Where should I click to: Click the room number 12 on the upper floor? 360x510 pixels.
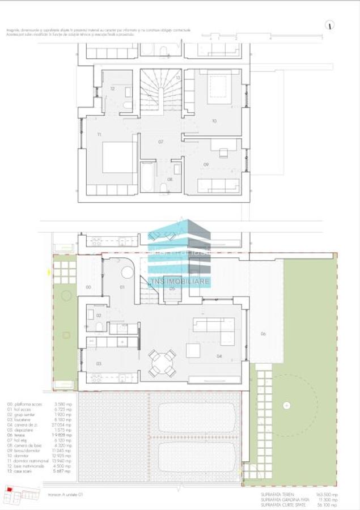pyautogui.click(x=112, y=88)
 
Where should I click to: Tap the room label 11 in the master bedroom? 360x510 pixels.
pyautogui.click(x=99, y=134)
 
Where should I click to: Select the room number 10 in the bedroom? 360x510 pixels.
pyautogui.click(x=214, y=121)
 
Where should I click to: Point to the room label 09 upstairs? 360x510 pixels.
pyautogui.click(x=206, y=165)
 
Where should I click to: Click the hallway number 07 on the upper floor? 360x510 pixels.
pyautogui.click(x=161, y=141)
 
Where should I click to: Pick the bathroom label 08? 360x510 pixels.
pyautogui.click(x=170, y=179)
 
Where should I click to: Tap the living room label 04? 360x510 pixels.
pyautogui.click(x=219, y=356)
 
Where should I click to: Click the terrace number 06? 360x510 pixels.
pyautogui.click(x=263, y=334)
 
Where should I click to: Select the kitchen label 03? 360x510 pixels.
pyautogui.click(x=98, y=363)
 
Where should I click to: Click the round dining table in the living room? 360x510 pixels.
pyautogui.click(x=163, y=363)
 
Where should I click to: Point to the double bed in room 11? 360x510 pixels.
pyautogui.click(x=119, y=157)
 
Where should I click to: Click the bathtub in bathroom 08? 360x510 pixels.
pyautogui.click(x=146, y=177)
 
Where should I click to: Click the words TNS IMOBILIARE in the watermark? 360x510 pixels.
pyautogui.click(x=179, y=282)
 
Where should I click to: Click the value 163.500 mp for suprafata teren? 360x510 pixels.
pyautogui.click(x=326, y=495)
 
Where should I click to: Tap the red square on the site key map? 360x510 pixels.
pyautogui.click(x=9, y=488)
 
